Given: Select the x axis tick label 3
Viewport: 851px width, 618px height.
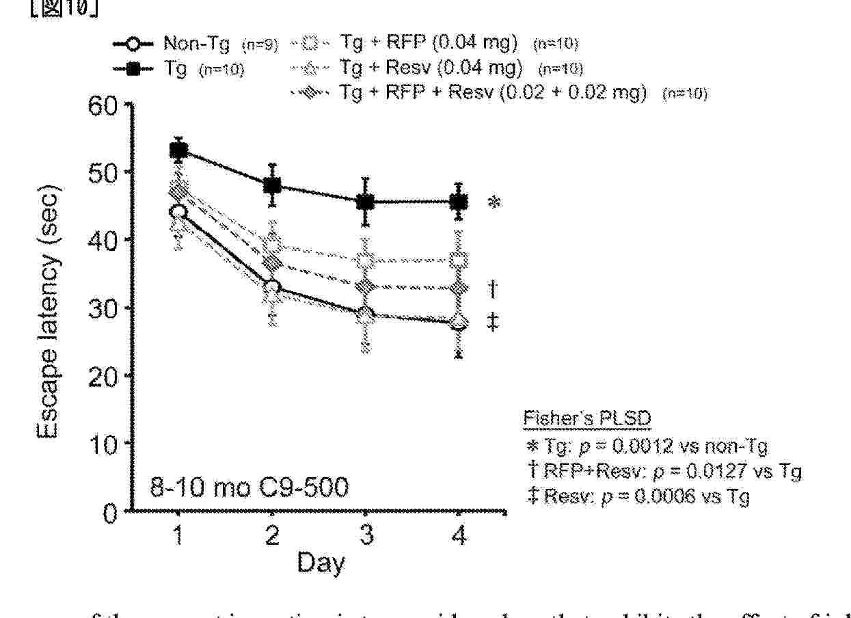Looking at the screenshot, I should pos(366,537).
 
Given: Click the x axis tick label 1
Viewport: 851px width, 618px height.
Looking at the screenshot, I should pos(178,537).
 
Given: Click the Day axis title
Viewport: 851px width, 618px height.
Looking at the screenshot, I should pos(320,564).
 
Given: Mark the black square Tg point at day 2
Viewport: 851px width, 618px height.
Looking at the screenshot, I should pos(272,185).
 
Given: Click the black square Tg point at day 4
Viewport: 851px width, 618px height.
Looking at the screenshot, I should pos(459,202).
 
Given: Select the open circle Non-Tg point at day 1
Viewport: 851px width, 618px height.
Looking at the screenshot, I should pos(178,212).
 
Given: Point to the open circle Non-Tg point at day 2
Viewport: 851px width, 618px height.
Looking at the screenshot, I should pos(272,287).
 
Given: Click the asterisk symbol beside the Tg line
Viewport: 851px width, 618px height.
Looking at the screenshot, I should pos(494,203).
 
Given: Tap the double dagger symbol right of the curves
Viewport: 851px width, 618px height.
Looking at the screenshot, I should pos(493,321).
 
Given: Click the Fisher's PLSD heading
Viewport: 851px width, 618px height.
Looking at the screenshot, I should pos(582,418).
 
